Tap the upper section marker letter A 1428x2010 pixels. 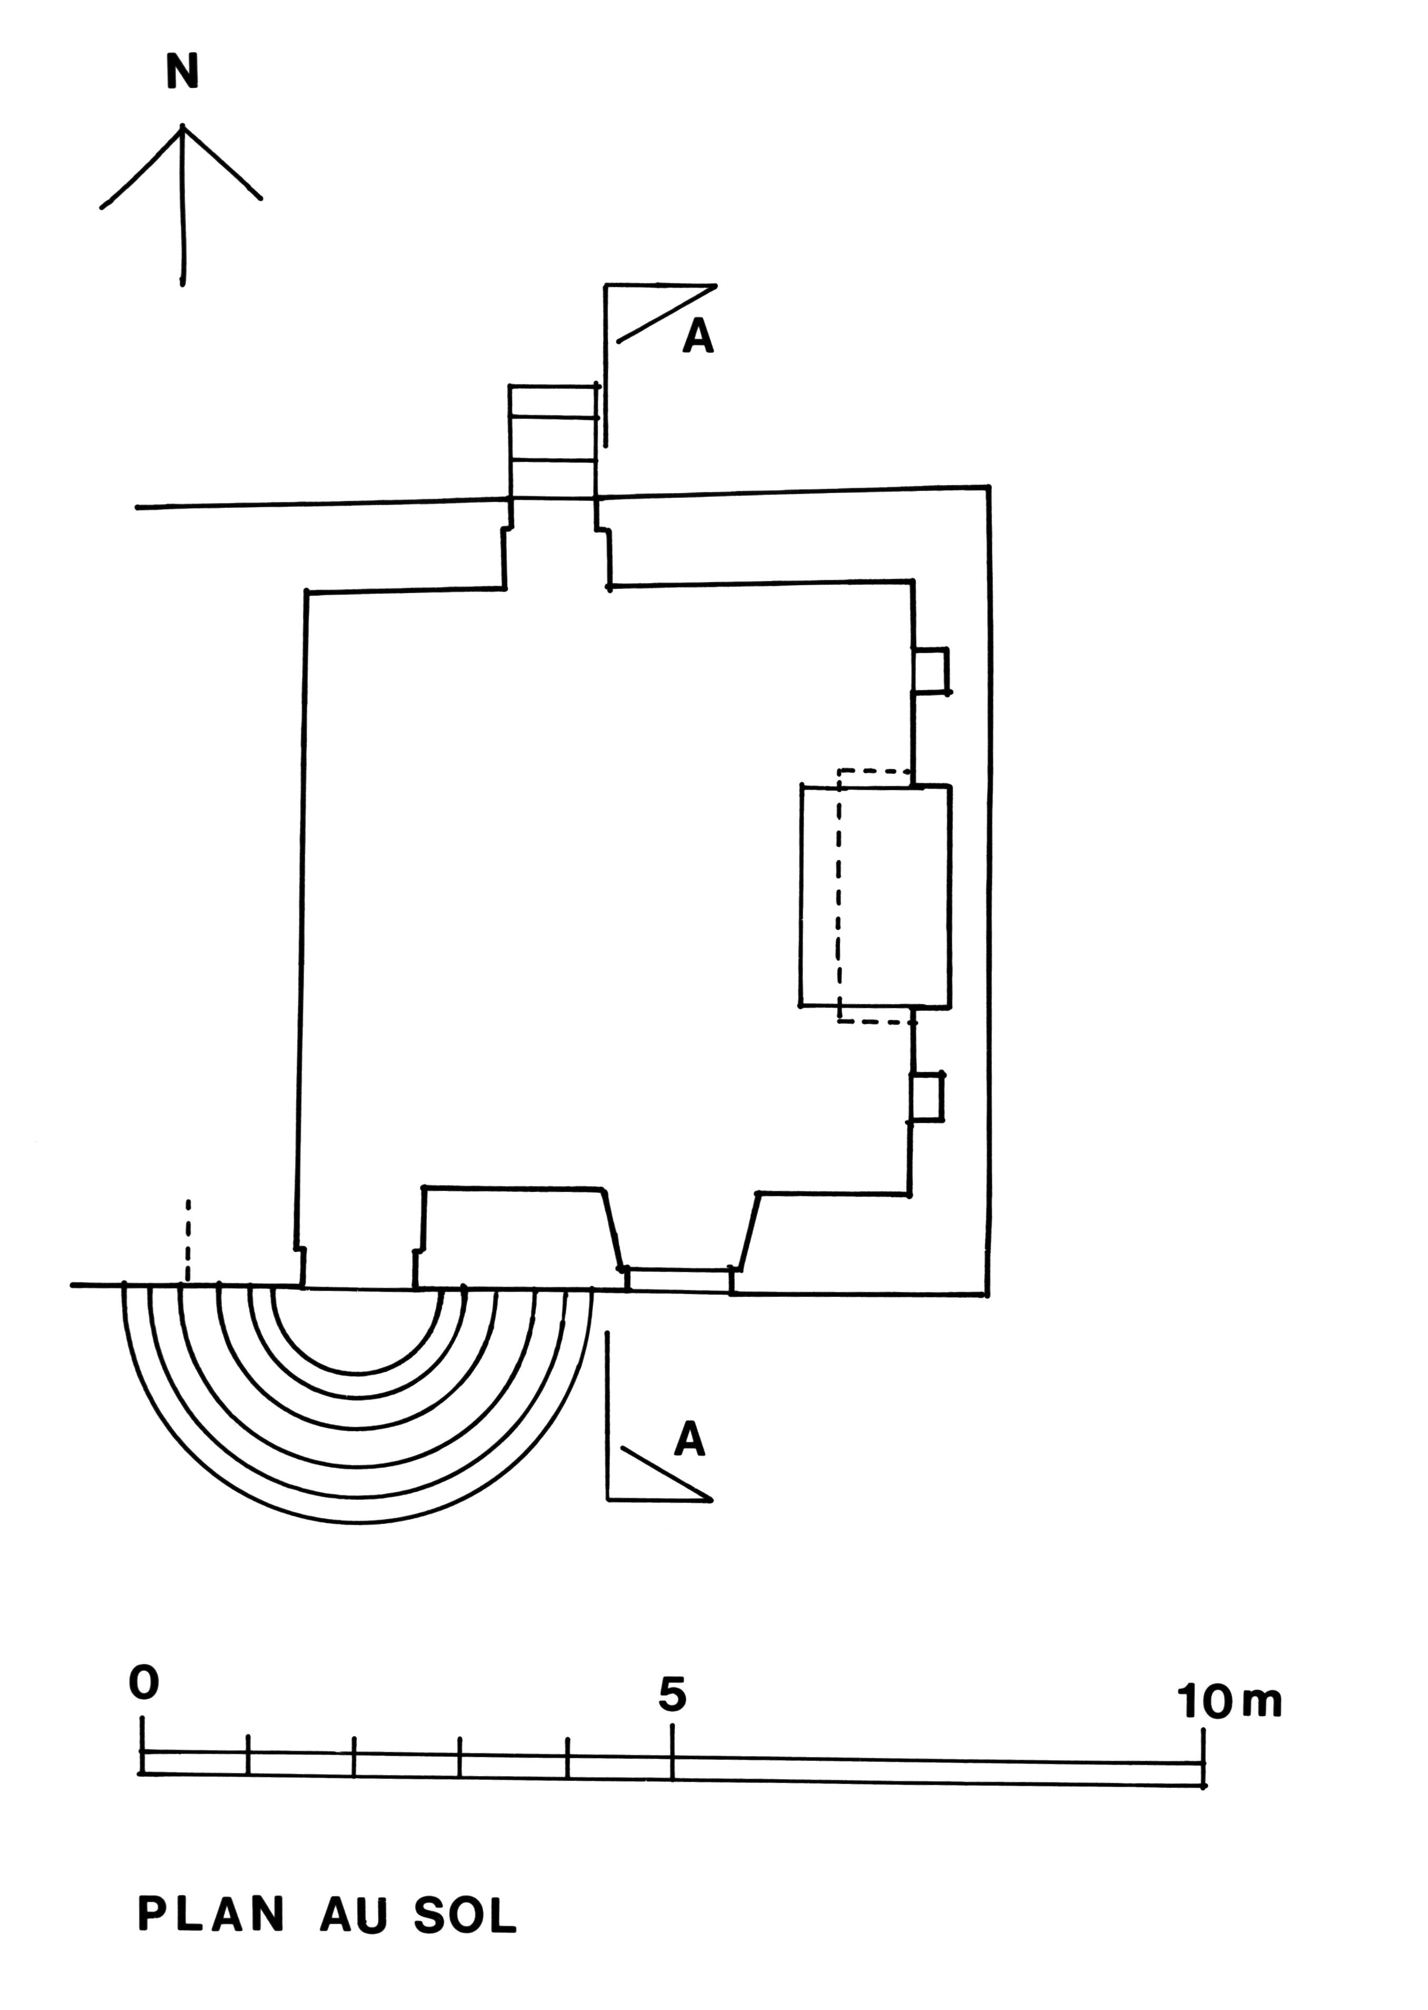[698, 337]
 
